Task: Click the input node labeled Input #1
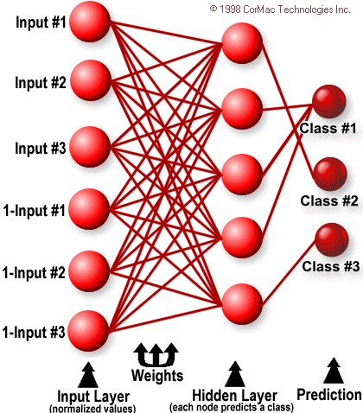click(90, 22)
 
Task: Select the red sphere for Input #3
click(90, 147)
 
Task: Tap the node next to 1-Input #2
click(89, 271)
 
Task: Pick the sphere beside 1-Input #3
click(88, 331)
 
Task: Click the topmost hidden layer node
click(242, 43)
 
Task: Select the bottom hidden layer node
click(242, 304)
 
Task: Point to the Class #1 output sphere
click(329, 101)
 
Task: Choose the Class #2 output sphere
click(330, 174)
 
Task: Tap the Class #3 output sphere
click(332, 239)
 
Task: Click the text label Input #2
click(41, 82)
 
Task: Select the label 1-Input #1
click(35, 210)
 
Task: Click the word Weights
click(157, 376)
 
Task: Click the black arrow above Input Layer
click(88, 375)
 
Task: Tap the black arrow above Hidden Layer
click(235, 374)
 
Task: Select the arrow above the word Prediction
click(334, 371)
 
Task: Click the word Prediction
click(329, 395)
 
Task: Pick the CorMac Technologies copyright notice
click(280, 10)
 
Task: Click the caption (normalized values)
click(92, 409)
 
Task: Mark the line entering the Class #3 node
click(289, 273)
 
